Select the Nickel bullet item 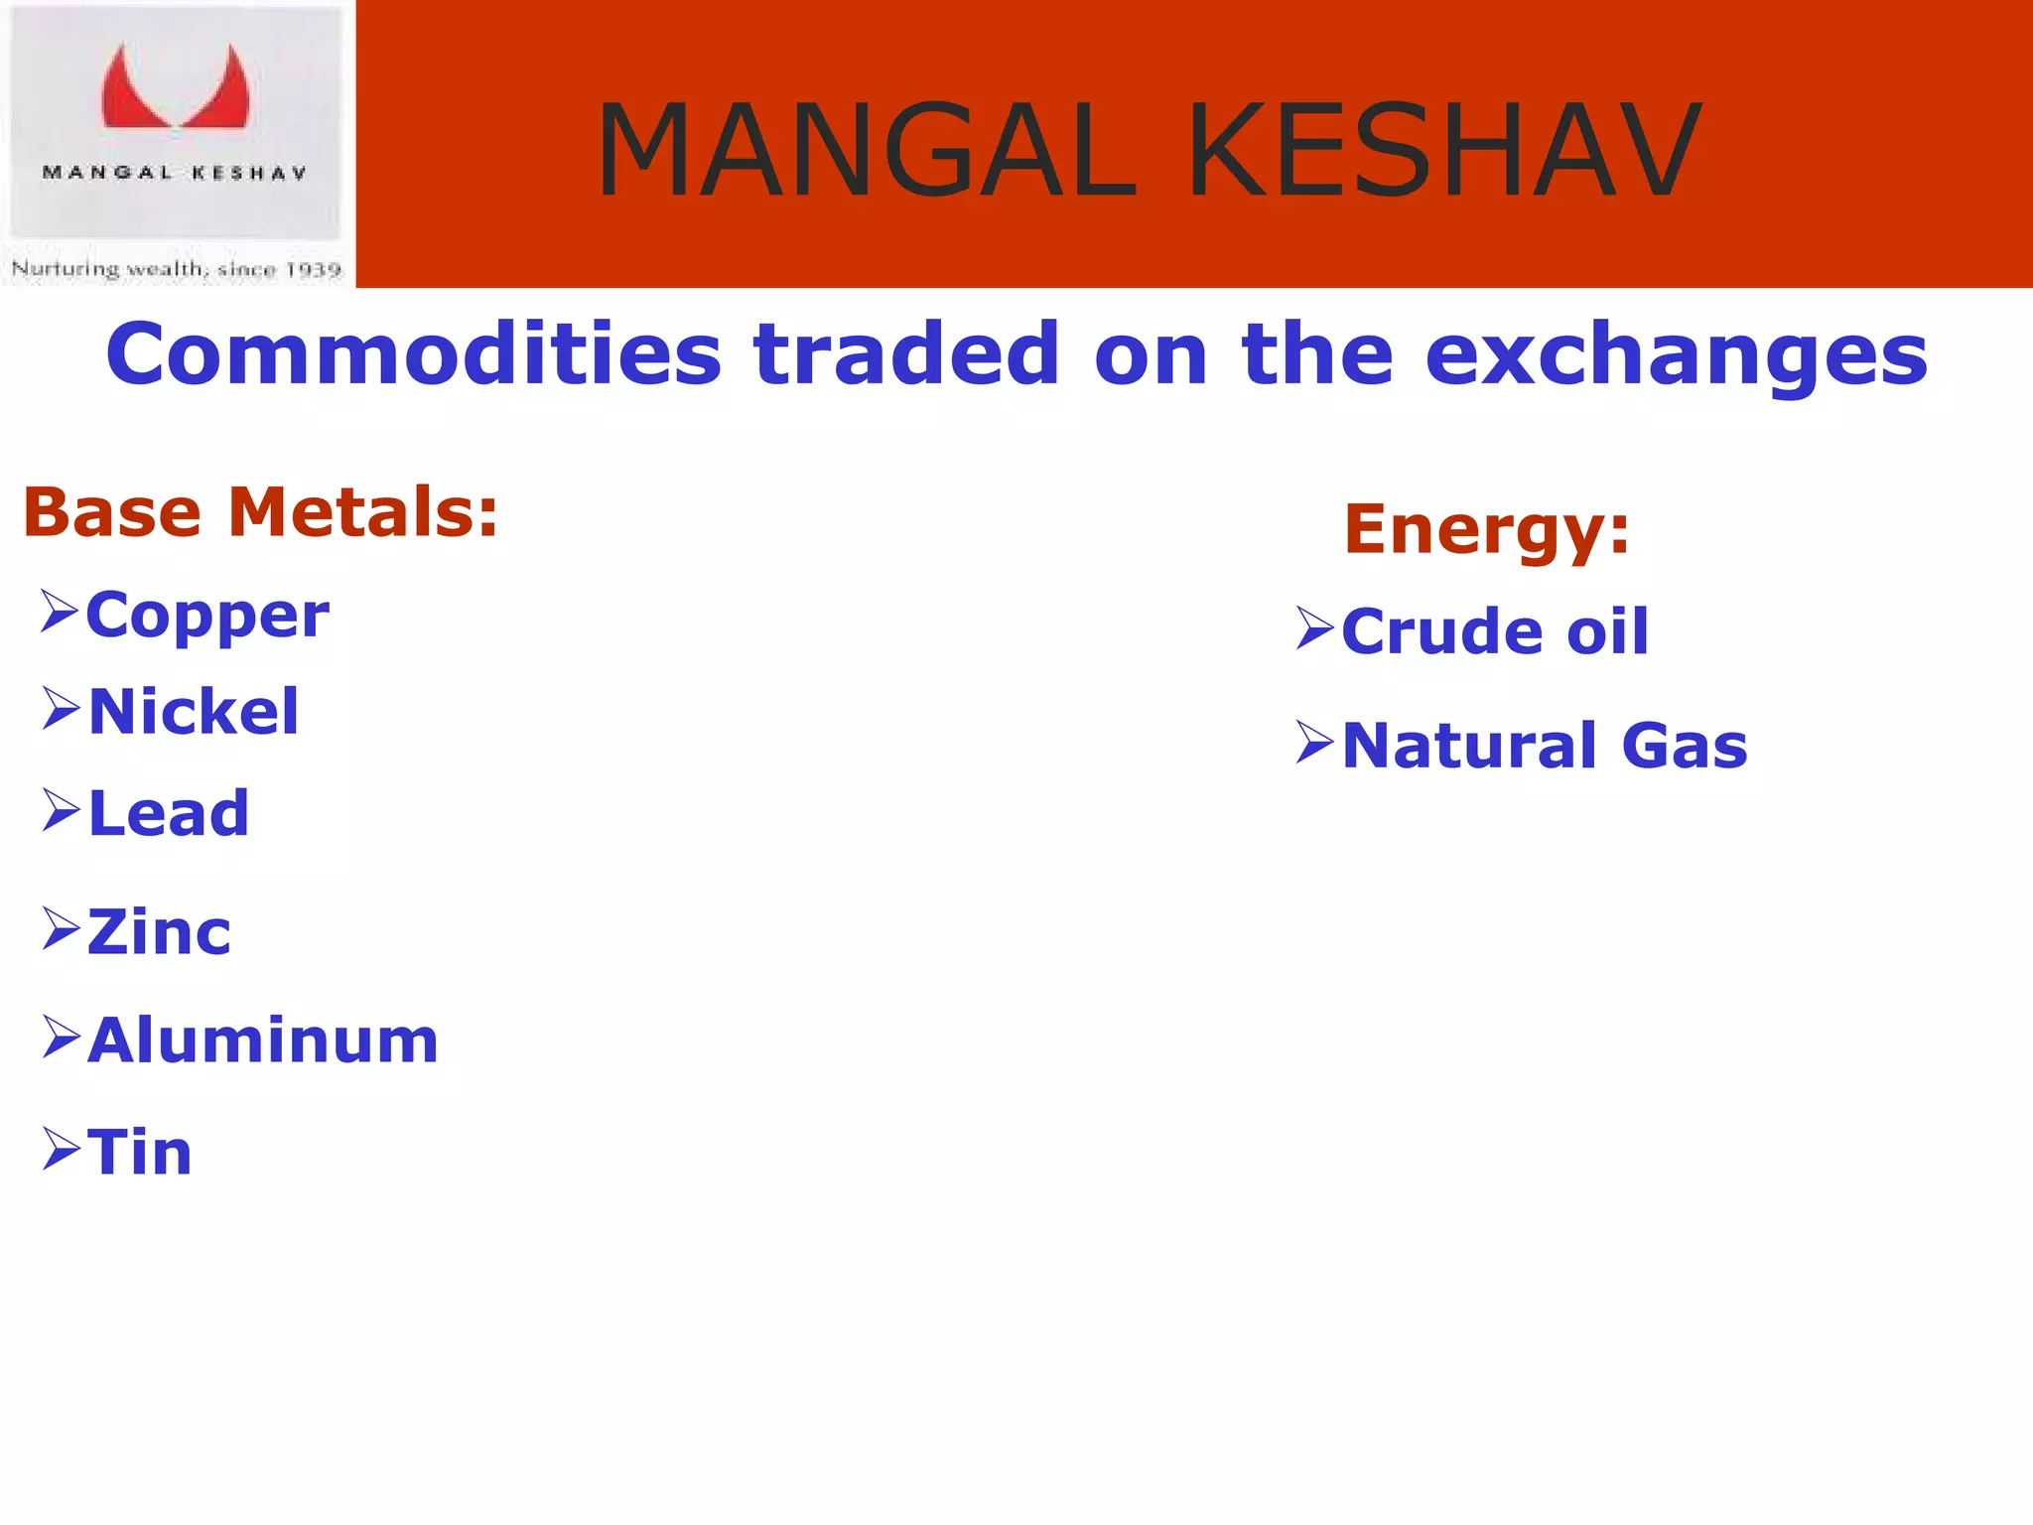point(193,712)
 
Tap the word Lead point(168,814)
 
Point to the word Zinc point(159,933)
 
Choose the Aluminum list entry point(262,1041)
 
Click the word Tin point(139,1153)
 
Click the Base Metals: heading point(260,513)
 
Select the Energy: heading point(1486,529)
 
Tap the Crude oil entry point(1494,631)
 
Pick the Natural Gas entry point(1544,746)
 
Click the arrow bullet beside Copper point(60,611)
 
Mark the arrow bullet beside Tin point(61,1150)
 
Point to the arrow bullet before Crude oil point(1315,628)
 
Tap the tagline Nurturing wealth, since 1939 point(177,269)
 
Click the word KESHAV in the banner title point(1444,152)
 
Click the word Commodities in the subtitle point(413,354)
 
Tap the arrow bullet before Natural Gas point(1315,743)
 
